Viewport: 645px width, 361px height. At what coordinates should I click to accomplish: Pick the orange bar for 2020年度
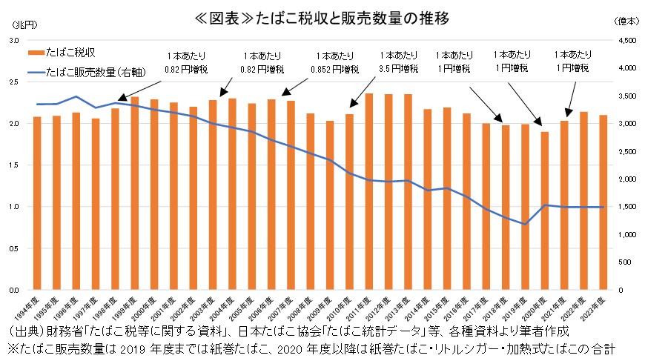coord(544,211)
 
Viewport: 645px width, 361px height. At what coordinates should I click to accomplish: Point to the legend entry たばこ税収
coord(70,53)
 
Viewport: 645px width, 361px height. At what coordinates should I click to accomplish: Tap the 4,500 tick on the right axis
coord(626,41)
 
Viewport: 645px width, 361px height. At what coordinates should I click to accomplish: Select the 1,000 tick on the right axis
coord(626,234)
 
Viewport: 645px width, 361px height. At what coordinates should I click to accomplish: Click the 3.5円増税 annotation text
coord(398,68)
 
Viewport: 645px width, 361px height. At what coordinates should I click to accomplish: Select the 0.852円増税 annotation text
coord(334,68)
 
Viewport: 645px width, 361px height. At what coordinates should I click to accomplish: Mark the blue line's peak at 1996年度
coord(76,96)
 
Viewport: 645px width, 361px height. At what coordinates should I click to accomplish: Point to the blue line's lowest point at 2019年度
coord(525,224)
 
